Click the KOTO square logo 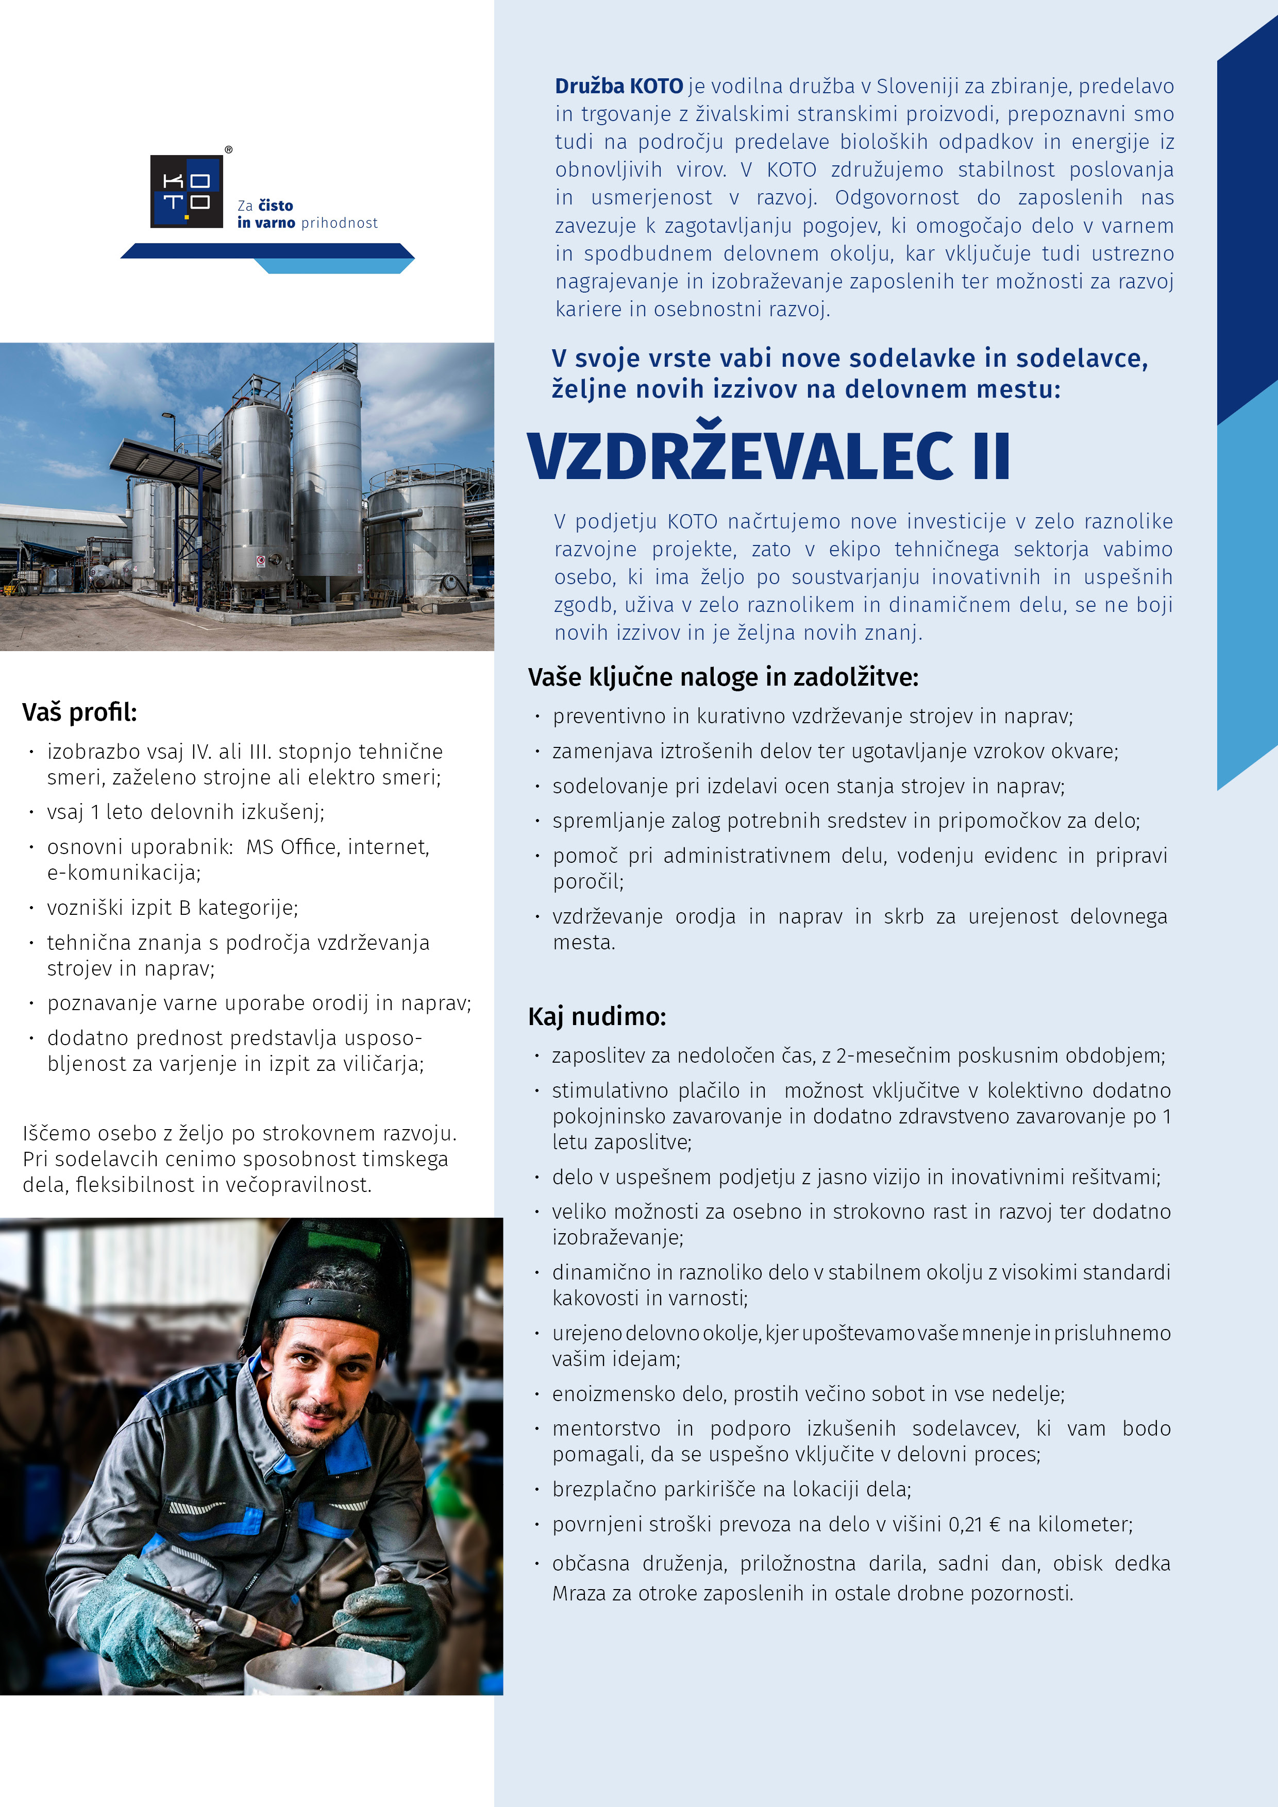[x=187, y=191]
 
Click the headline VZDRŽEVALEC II [x=768, y=456]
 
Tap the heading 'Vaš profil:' [x=79, y=712]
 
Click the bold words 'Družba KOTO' [x=619, y=86]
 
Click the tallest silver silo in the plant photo [x=327, y=480]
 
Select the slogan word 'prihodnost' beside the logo [x=340, y=224]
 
